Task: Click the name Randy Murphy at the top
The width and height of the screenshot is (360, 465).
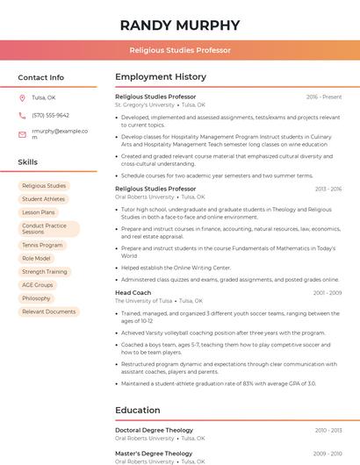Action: (x=180, y=25)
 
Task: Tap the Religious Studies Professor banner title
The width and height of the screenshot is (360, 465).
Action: (x=180, y=51)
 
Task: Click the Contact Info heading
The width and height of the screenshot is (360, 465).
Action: (x=41, y=77)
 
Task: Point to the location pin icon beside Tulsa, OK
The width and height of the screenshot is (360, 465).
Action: (x=22, y=98)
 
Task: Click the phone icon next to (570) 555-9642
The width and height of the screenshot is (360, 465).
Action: (x=22, y=116)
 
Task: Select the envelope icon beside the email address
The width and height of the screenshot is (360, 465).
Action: (x=22, y=134)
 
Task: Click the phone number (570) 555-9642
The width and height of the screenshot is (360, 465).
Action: (x=50, y=116)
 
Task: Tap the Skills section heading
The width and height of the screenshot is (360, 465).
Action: (x=28, y=162)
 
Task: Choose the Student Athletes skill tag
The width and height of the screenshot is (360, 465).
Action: (x=44, y=199)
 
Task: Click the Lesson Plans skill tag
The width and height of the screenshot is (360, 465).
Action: (x=39, y=212)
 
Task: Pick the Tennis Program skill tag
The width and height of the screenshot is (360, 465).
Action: (x=42, y=246)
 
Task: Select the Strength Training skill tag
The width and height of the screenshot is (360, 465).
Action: (x=45, y=272)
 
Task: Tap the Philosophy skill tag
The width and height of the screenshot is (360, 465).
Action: (x=37, y=298)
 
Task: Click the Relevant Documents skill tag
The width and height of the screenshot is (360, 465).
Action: (x=48, y=311)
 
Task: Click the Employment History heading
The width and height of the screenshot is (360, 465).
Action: (x=161, y=77)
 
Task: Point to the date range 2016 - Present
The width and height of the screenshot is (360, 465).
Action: (x=324, y=97)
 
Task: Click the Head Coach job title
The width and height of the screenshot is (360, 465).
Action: (x=133, y=292)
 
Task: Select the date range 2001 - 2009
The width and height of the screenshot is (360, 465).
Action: (x=327, y=293)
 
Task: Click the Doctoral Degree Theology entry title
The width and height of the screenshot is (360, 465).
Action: (x=154, y=430)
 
